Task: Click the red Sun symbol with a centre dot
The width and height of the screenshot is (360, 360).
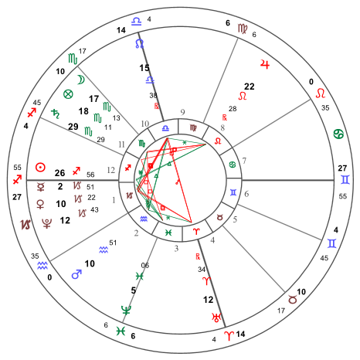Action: (40, 168)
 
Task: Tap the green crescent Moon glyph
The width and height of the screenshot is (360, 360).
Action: (81, 80)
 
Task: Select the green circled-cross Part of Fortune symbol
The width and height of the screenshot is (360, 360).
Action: (68, 94)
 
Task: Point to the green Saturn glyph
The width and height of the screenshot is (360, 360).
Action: (56, 114)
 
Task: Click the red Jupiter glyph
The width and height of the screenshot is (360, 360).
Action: (265, 64)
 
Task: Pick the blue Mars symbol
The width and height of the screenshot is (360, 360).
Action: (76, 274)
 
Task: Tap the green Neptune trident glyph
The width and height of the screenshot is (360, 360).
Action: (126, 311)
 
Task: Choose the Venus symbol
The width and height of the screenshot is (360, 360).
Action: (40, 204)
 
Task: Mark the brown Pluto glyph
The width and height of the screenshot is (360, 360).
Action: (46, 223)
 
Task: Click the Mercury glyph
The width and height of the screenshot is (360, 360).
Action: (40, 187)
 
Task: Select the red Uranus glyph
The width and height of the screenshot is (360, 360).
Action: (216, 318)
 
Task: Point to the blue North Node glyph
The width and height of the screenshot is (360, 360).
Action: (139, 43)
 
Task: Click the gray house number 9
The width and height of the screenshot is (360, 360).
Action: (182, 112)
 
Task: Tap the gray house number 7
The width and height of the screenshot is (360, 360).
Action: (244, 161)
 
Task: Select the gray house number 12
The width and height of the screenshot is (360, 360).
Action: (110, 170)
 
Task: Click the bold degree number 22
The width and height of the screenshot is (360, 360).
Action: (250, 87)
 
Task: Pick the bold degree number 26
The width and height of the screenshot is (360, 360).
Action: (59, 173)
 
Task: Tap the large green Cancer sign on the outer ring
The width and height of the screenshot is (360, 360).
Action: (338, 134)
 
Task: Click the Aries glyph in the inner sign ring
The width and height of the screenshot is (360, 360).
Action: (196, 232)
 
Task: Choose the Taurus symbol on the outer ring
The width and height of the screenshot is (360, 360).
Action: (292, 300)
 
